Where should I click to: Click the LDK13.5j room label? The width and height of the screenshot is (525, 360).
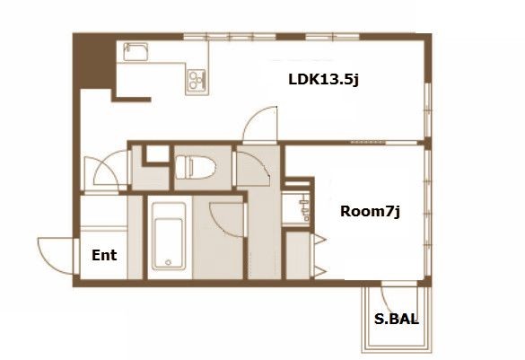pos(323,79)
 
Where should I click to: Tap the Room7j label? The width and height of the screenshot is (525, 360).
pos(370,211)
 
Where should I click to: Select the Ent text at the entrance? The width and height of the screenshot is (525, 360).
pos(104,255)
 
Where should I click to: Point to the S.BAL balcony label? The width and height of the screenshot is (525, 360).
pos(397,319)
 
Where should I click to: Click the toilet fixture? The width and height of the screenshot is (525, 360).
pos(196,167)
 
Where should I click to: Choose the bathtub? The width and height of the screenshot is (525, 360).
pos(169,236)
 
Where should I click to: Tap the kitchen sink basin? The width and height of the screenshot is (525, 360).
pos(136,52)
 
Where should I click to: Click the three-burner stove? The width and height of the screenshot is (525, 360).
pos(197,80)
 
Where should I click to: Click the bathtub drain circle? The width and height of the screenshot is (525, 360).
pos(169,262)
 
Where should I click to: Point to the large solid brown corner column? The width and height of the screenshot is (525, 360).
pos(94,61)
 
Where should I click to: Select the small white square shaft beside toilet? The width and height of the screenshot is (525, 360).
pos(158,154)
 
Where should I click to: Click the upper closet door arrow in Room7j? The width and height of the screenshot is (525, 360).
pos(319,239)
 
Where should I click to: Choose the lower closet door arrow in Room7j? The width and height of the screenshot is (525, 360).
pos(319,272)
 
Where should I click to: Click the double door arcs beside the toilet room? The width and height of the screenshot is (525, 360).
pos(106,171)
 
